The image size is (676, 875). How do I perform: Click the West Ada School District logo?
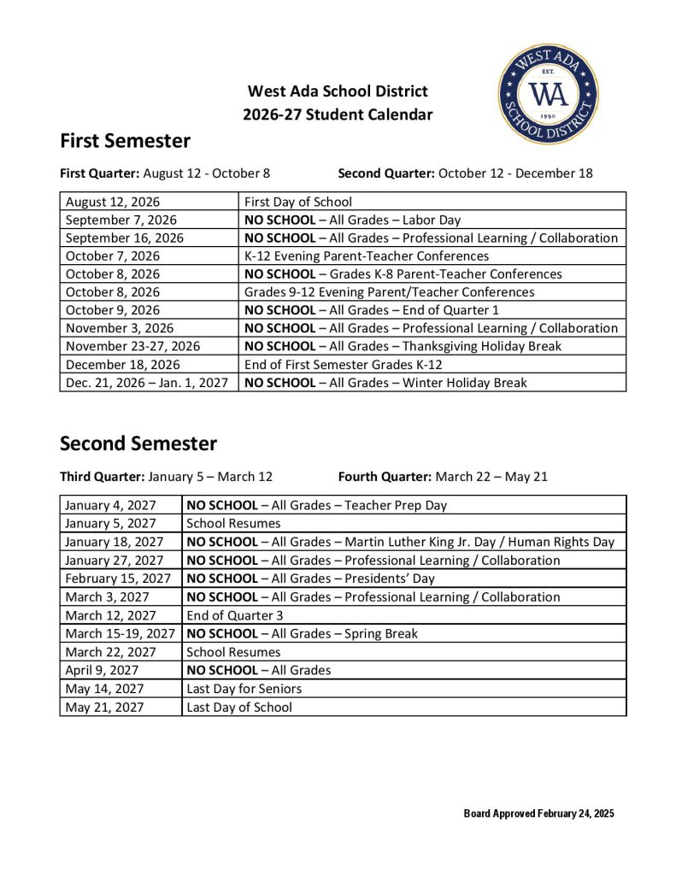click(x=548, y=94)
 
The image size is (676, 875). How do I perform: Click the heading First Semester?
click(x=125, y=140)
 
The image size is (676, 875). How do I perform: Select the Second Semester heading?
click(x=138, y=443)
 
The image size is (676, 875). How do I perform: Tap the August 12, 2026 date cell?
click(x=113, y=202)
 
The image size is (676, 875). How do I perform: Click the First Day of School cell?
click(x=297, y=202)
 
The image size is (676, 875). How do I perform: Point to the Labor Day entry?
click(x=352, y=220)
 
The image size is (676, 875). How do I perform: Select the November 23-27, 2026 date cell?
click(x=132, y=346)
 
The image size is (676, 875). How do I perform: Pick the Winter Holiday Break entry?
click(x=385, y=382)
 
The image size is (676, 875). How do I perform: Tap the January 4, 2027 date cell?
click(x=110, y=505)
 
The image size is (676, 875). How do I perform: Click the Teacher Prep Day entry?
click(x=316, y=505)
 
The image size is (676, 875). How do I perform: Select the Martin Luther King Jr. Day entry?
click(x=400, y=542)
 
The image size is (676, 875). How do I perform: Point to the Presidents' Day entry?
click(x=310, y=578)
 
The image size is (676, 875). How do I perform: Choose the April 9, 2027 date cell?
click(x=102, y=670)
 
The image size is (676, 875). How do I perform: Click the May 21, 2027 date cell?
click(x=104, y=707)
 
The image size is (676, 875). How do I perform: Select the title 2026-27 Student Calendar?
click(x=338, y=115)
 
